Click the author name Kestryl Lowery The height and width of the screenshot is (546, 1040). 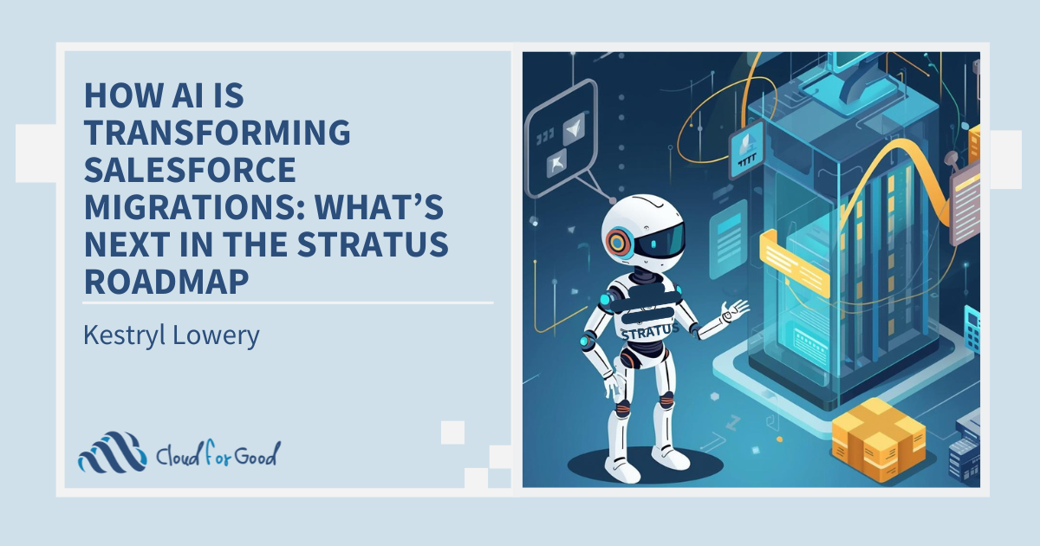click(x=172, y=335)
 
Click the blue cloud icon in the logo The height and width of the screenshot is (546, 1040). click(x=111, y=452)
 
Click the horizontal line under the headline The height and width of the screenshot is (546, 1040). click(x=288, y=303)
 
